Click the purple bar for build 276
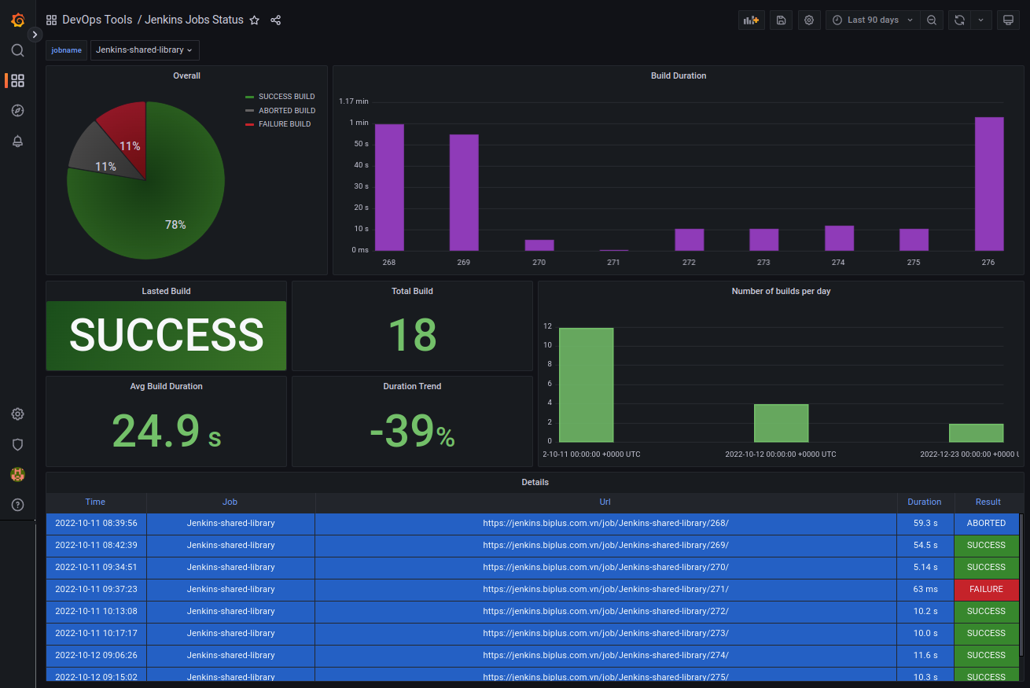pos(989,184)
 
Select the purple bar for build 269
pos(464,193)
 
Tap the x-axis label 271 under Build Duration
pos(613,262)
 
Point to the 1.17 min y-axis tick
pos(354,101)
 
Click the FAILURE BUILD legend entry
pos(284,124)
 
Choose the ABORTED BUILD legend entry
pos(286,111)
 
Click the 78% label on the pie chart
pos(175,225)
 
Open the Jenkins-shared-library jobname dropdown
pos(145,50)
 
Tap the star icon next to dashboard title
pos(254,20)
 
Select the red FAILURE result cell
pos(986,589)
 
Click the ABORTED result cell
pos(986,523)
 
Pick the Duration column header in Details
pos(924,502)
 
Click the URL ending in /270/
pos(605,567)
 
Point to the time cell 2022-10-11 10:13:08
pos(96,611)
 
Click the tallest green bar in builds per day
pos(586,384)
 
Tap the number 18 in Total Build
pos(412,334)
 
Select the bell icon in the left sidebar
pos(17,142)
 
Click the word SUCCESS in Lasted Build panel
pos(166,335)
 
